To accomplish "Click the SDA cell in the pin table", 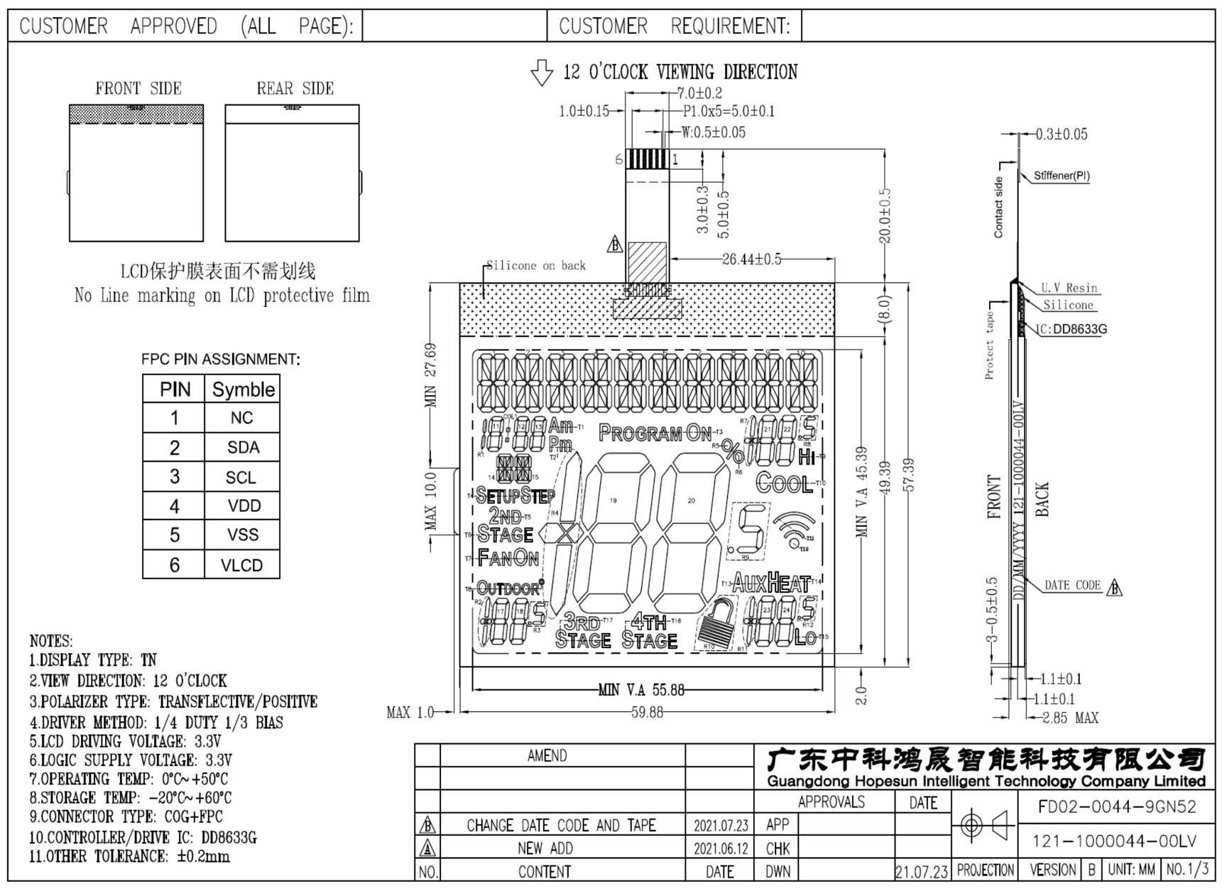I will pos(243,448).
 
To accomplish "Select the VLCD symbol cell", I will pos(241,565).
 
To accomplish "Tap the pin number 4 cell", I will pos(174,506).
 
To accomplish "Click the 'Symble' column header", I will pos(243,389).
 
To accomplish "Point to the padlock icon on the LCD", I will pos(717,624).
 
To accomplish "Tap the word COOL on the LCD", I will pos(784,483).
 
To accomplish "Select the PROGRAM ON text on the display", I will pos(655,433).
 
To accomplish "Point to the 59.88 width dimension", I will pos(647,712).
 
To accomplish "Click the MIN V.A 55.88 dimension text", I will pos(641,689).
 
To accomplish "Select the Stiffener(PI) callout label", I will pos(1061,176).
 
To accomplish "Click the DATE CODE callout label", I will pos(1072,586).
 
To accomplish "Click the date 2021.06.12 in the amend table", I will pos(721,848).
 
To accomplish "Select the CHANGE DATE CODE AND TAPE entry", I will pos(561,825).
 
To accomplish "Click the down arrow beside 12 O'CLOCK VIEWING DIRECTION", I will pos(542,72).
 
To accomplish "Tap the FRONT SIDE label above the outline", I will pos(138,89).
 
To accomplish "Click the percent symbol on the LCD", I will pos(732,449).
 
